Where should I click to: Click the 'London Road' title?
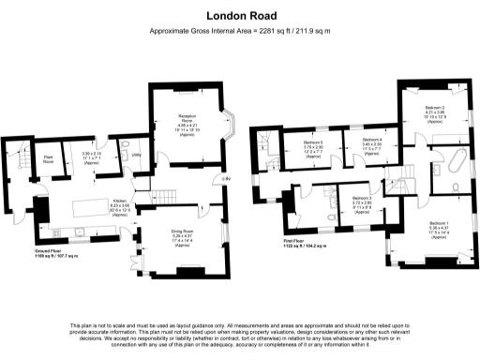point(239,15)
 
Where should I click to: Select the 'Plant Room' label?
point(46,159)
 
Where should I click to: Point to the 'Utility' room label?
point(136,154)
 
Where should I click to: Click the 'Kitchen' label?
point(119,201)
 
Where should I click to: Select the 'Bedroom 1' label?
point(438,223)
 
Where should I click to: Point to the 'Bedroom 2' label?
point(433,108)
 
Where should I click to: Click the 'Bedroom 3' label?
point(363,198)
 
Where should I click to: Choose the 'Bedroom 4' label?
point(373,141)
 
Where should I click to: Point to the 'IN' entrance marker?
point(225,177)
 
